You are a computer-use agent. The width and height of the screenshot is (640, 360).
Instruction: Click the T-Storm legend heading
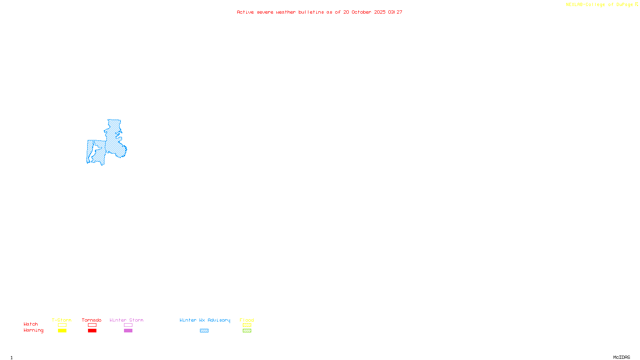pyautogui.click(x=62, y=320)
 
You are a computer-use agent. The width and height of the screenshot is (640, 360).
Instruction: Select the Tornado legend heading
pyautogui.click(x=92, y=320)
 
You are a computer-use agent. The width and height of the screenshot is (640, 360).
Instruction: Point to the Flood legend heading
pyautogui.click(x=247, y=320)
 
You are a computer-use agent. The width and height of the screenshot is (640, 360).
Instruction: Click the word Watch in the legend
pyautogui.click(x=31, y=324)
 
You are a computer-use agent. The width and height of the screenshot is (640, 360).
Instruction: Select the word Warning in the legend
pyautogui.click(x=34, y=330)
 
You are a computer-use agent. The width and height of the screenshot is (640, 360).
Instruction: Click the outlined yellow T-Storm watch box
pyautogui.click(x=62, y=325)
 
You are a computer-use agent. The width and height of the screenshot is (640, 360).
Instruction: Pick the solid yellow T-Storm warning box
pyautogui.click(x=62, y=331)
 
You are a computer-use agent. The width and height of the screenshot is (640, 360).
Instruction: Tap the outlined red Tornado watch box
pyautogui.click(x=92, y=325)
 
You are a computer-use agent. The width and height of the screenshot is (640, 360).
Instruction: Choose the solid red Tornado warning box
pyautogui.click(x=92, y=331)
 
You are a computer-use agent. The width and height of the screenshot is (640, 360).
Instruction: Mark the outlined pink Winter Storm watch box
pyautogui.click(x=128, y=325)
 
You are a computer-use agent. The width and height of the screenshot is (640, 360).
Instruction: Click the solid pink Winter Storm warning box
pyautogui.click(x=128, y=331)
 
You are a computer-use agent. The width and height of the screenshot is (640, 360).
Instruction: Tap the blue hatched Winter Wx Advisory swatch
pyautogui.click(x=204, y=331)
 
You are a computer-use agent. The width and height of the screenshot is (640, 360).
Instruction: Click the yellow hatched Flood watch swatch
pyautogui.click(x=247, y=325)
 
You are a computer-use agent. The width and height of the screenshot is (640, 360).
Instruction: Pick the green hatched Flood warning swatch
pyautogui.click(x=247, y=331)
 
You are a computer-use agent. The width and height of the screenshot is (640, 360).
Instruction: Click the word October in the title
pyautogui.click(x=361, y=12)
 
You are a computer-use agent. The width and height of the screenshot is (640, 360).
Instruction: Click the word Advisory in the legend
pyautogui.click(x=219, y=320)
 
